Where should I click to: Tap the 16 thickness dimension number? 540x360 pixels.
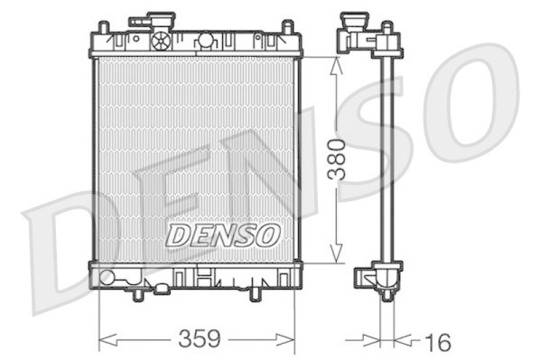click(x=437, y=341)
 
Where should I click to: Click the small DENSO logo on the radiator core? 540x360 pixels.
click(x=223, y=235)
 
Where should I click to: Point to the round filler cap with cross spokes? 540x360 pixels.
click(x=161, y=41)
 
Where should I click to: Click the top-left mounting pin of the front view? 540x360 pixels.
click(x=103, y=29)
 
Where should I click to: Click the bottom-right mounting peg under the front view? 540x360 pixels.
click(x=256, y=294)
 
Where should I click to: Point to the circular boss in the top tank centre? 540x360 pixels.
click(x=205, y=42)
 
